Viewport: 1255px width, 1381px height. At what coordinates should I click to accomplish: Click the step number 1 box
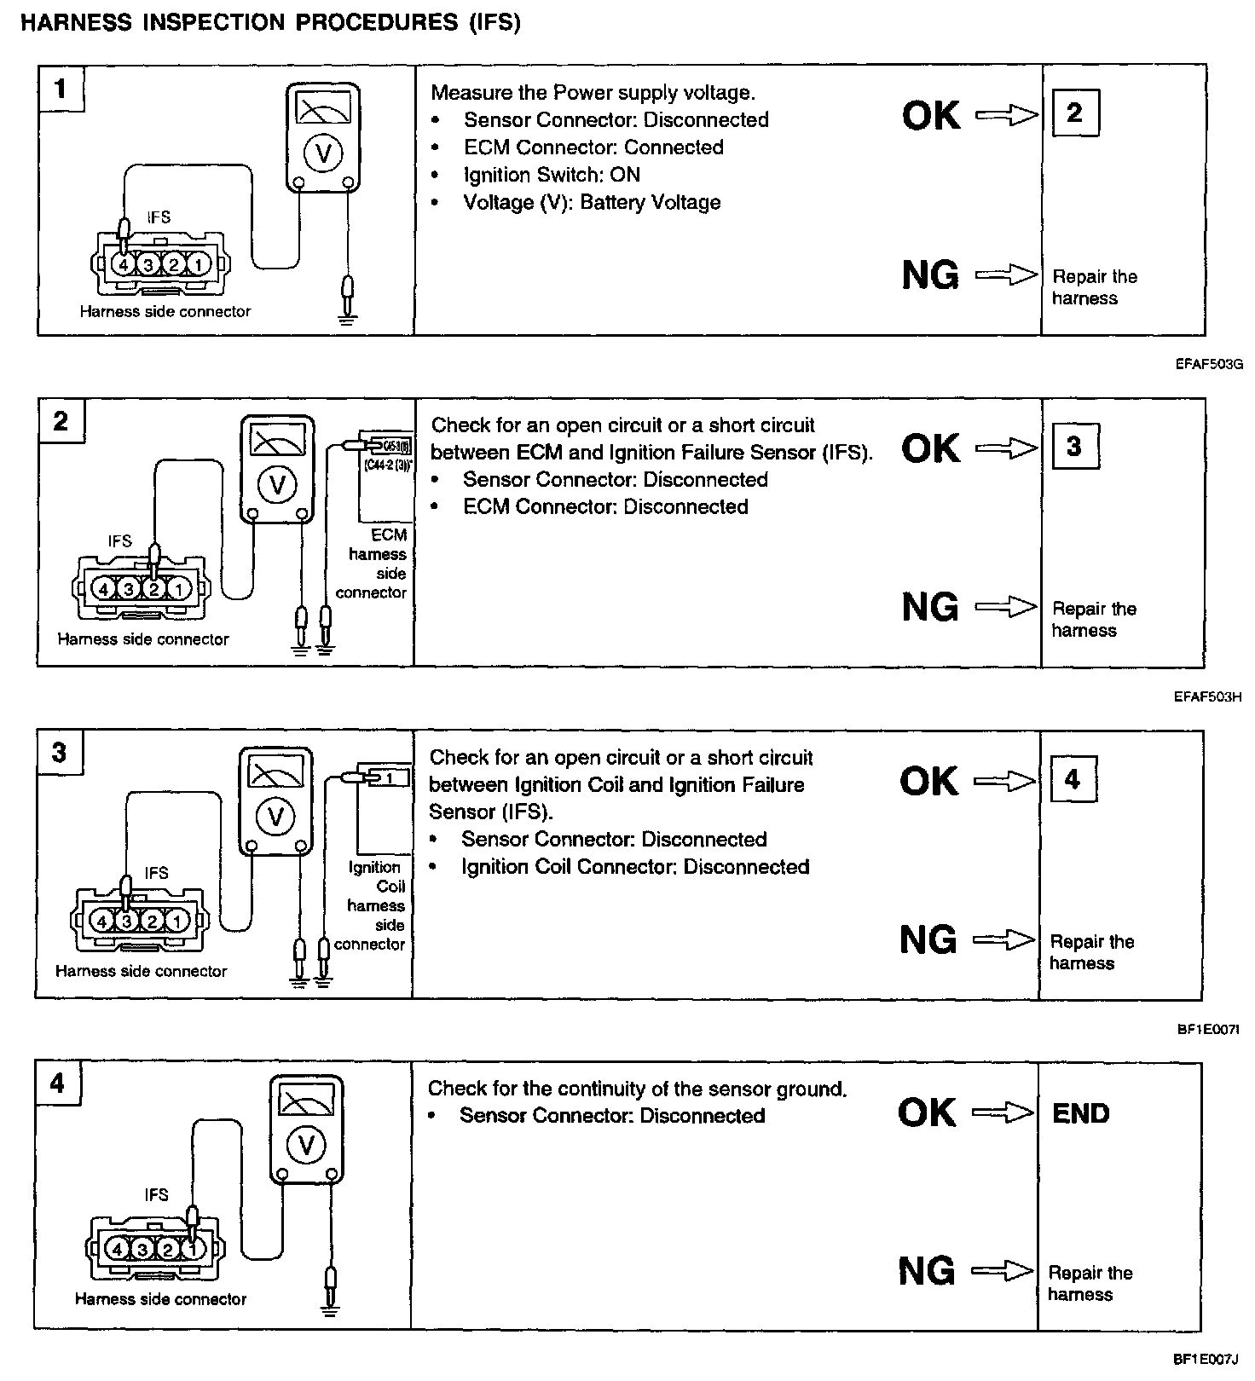point(61,88)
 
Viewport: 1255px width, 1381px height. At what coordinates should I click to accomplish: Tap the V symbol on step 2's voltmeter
point(276,485)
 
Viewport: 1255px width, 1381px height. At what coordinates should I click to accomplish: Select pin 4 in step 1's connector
point(123,265)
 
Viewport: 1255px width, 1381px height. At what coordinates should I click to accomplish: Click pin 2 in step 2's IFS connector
point(153,588)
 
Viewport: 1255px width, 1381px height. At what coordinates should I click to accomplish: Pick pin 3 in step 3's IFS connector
point(126,921)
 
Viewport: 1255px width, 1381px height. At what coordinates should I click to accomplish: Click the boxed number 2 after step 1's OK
point(1074,113)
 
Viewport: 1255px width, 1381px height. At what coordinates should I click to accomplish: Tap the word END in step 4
point(1080,1113)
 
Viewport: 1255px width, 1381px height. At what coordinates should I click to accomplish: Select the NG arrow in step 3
point(1003,939)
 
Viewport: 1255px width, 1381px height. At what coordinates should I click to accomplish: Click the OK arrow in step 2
point(1007,448)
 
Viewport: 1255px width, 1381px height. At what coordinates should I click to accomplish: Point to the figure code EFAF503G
point(1208,364)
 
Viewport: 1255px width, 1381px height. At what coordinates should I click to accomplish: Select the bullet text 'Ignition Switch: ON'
point(552,175)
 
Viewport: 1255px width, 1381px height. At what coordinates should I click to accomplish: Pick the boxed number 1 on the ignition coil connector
point(389,777)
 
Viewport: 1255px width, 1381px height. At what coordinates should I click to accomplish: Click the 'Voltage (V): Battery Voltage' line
point(592,202)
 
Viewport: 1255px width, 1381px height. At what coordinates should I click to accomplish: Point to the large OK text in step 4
point(927,1112)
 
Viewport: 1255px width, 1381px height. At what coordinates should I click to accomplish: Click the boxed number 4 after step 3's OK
point(1072,779)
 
